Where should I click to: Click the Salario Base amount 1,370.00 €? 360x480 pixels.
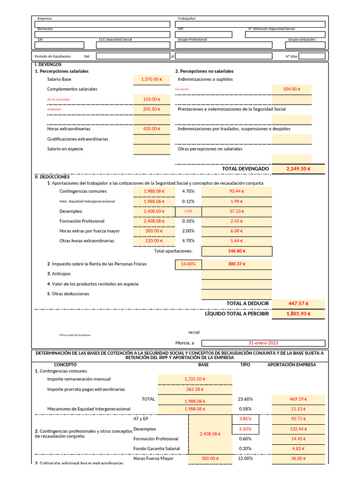tap(151, 80)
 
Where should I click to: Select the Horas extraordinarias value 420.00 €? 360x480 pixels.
tap(151, 129)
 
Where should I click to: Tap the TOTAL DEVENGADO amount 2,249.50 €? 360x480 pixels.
tap(299, 169)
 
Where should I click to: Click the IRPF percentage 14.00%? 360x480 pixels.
tap(188, 264)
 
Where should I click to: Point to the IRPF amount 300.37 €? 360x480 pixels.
tap(236, 264)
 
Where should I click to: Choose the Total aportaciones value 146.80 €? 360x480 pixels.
tap(236, 251)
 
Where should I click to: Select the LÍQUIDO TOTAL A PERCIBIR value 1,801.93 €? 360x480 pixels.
tap(299, 314)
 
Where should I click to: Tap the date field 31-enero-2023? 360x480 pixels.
tap(263, 343)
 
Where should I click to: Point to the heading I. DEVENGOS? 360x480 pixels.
tap(48, 64)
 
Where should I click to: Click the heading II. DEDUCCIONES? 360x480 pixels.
tap(52, 177)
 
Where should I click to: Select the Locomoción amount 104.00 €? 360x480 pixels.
tap(292, 89)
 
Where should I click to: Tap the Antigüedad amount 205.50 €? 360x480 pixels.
tap(151, 109)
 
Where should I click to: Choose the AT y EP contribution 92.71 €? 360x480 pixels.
tap(299, 419)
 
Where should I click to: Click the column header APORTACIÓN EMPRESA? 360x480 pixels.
tap(292, 365)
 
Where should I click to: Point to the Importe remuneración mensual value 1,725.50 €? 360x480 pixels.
tap(195, 379)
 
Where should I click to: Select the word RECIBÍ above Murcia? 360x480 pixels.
tap(194, 332)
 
